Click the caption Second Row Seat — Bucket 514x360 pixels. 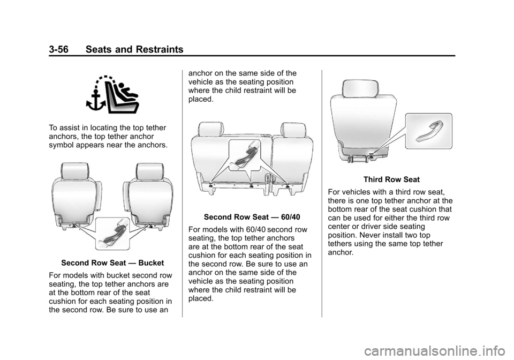pyautogui.click(x=112, y=263)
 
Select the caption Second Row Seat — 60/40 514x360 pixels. pyautogui.click(x=252, y=217)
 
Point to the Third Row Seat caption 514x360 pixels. pyautogui.click(x=391, y=179)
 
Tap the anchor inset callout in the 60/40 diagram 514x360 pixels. pyautogui.click(x=244, y=155)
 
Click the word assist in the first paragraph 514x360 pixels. pyautogui.click(x=67, y=128)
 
